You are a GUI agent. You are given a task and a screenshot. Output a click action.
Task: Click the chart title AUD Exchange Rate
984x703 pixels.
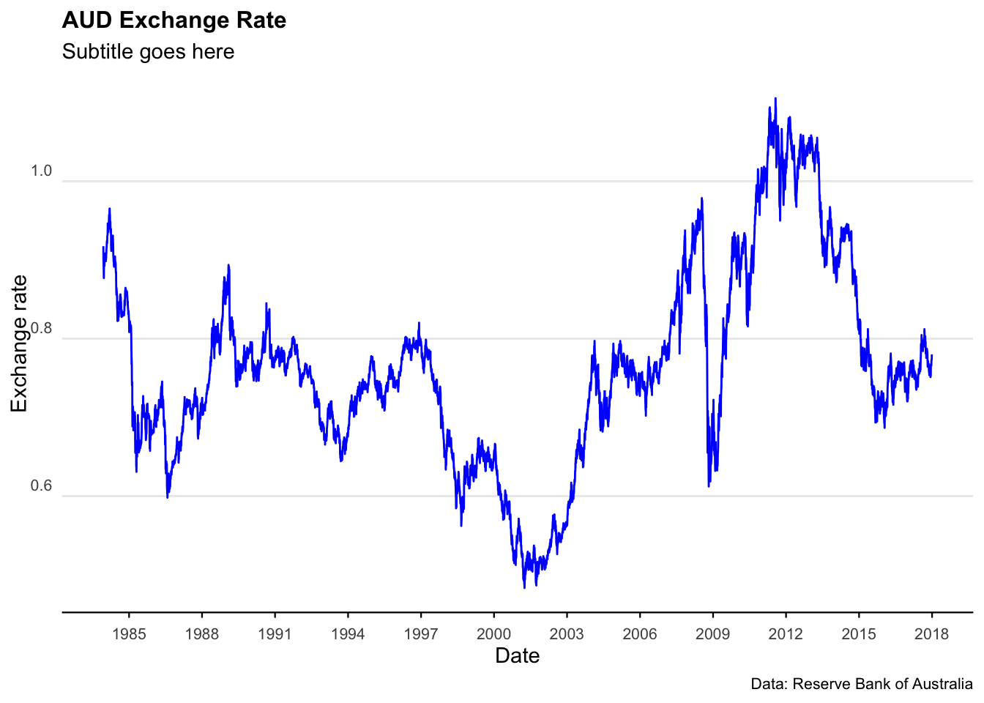(x=174, y=21)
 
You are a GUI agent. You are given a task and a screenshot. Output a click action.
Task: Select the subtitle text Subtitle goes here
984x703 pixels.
(x=148, y=52)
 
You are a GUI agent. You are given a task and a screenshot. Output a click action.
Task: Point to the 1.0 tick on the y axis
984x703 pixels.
(x=41, y=171)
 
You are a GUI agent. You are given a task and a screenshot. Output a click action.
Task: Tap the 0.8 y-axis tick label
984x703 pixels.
(x=41, y=329)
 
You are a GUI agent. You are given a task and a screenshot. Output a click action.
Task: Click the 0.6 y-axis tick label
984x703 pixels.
(x=41, y=486)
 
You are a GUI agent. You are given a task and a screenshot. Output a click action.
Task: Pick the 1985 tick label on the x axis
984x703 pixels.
(x=129, y=634)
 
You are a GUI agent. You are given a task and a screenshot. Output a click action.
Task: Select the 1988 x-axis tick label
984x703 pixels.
(x=202, y=634)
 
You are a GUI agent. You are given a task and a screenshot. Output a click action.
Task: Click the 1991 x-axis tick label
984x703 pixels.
(x=275, y=634)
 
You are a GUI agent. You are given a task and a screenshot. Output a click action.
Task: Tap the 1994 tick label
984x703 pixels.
(x=348, y=634)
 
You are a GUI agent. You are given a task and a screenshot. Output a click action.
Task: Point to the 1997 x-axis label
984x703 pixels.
(x=421, y=634)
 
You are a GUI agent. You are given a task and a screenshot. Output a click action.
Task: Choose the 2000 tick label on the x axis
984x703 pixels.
(x=493, y=634)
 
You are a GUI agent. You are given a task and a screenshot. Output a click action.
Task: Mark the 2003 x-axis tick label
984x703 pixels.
(x=567, y=634)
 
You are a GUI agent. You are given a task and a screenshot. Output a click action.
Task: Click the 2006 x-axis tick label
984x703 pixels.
(x=640, y=634)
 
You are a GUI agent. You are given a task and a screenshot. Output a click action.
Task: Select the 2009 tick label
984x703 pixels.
(x=712, y=634)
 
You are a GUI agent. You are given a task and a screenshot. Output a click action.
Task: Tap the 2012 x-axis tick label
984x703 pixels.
(x=786, y=634)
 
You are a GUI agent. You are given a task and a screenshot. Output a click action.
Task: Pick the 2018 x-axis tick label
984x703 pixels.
(x=931, y=634)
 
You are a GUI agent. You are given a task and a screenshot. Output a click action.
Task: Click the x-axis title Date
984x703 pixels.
(x=517, y=656)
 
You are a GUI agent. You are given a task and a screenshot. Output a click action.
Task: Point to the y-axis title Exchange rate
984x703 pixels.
(x=19, y=343)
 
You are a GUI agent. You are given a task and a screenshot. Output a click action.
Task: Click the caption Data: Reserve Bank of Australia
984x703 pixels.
(x=862, y=685)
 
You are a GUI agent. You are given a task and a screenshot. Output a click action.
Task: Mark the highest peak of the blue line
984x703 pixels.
(x=775, y=98)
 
